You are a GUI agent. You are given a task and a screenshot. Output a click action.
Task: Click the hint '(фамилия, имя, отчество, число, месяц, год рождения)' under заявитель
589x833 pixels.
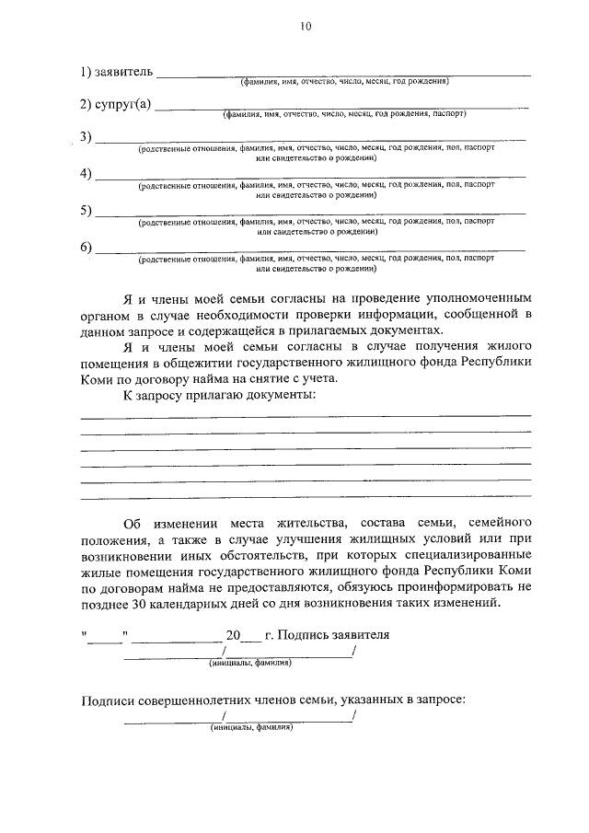click(344, 82)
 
